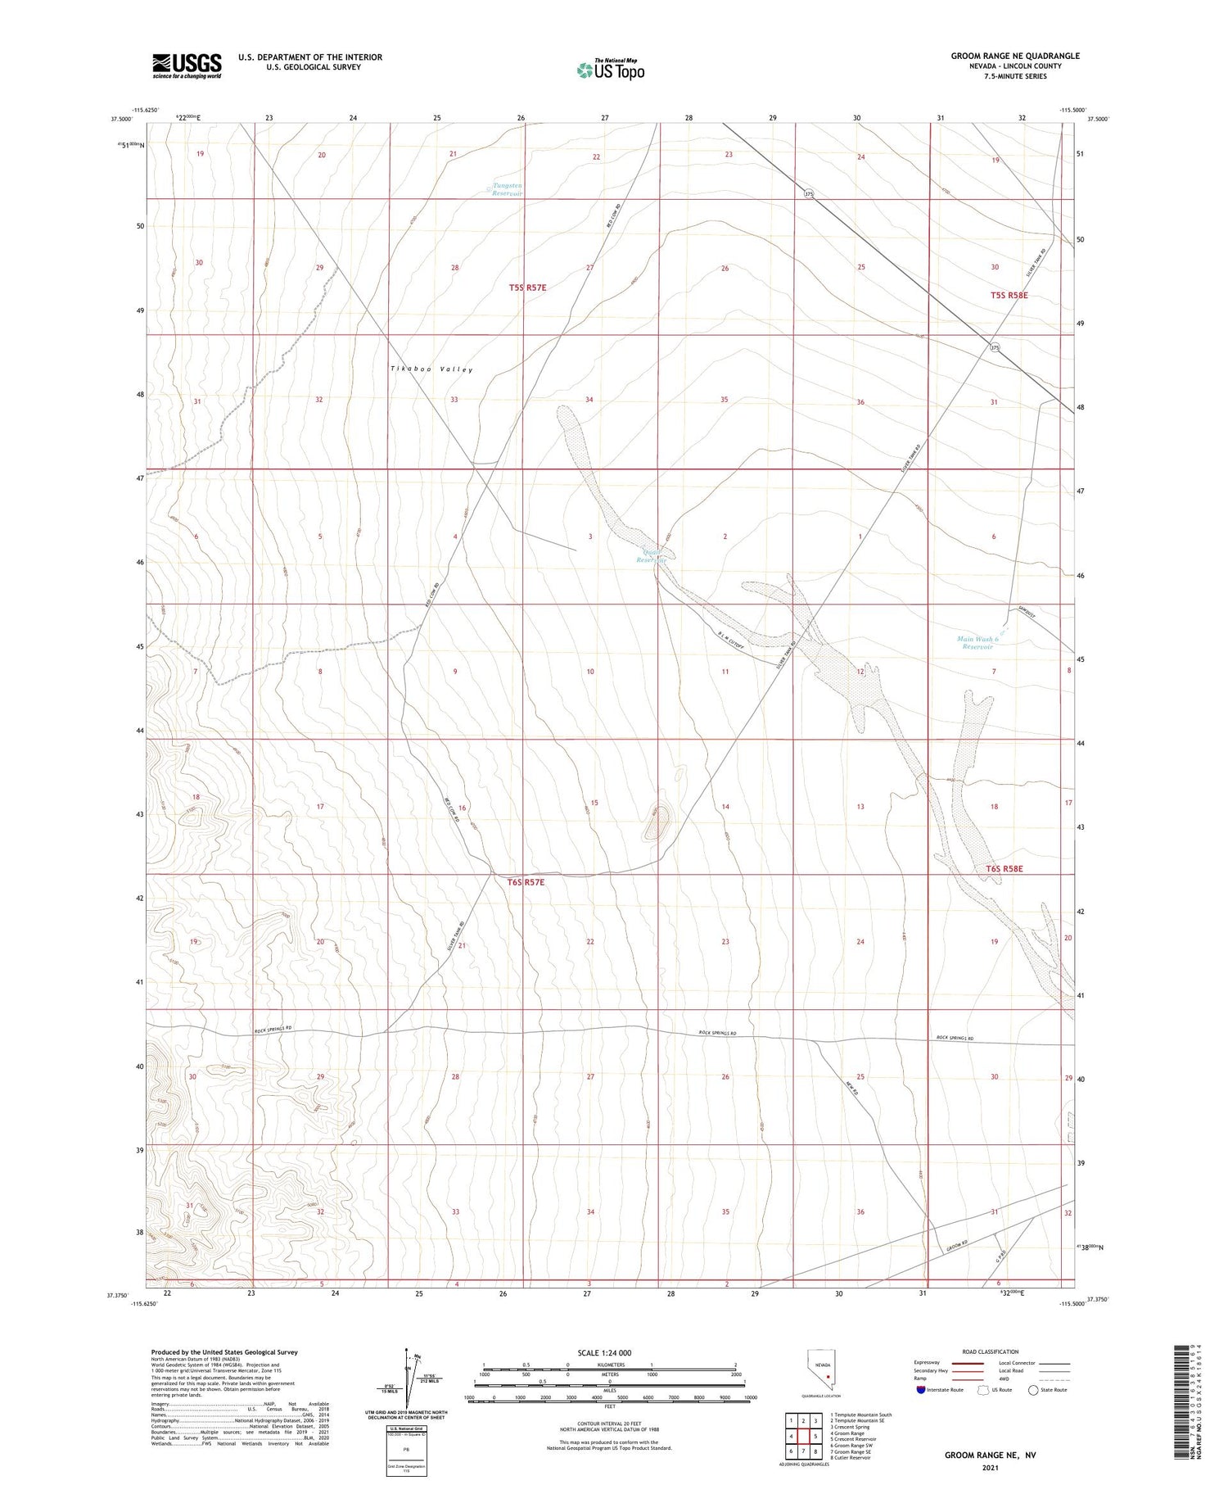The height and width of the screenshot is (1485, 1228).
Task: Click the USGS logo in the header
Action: pos(187,66)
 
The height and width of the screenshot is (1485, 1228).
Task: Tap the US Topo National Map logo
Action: pos(610,70)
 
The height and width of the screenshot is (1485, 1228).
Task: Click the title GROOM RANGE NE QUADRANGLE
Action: pos(1014,56)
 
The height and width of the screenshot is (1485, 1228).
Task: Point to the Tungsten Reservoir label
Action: pos(507,189)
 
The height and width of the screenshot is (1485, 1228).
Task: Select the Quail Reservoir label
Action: pos(654,556)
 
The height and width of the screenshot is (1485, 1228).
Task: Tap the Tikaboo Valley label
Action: pos(431,369)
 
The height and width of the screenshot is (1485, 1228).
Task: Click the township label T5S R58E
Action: pos(1008,295)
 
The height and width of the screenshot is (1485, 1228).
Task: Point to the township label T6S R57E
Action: pos(526,882)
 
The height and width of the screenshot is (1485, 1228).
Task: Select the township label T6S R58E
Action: pos(1005,868)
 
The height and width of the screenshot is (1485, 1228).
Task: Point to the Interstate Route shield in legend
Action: pos(921,1390)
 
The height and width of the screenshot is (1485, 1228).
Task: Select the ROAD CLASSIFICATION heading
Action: pos(991,1351)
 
